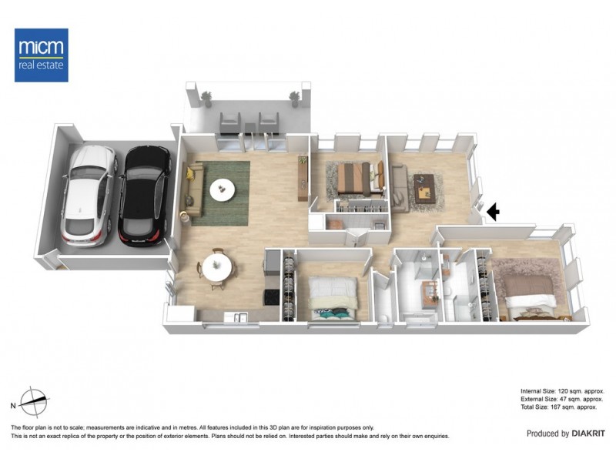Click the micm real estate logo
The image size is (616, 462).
click(42, 55)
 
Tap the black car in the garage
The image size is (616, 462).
click(144, 192)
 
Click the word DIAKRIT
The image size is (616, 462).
click(590, 434)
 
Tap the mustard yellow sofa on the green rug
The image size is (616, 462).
click(192, 189)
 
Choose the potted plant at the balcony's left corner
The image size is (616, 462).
click(206, 95)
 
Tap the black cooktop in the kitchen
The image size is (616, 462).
click(271, 296)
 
